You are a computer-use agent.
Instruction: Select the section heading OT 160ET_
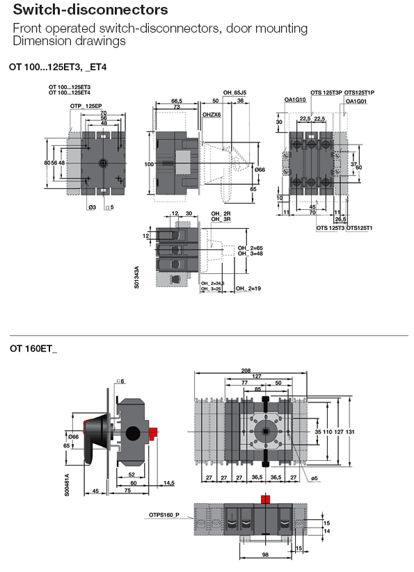point(33,348)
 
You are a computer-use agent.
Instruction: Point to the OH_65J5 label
point(235,92)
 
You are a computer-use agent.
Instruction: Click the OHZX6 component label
point(212,115)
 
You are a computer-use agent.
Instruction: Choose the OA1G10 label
point(296,100)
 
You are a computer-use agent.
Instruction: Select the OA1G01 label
point(357,101)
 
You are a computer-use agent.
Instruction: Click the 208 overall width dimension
point(265,370)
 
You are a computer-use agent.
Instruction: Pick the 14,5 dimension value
point(169,483)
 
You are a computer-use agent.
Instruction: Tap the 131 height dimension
point(351,432)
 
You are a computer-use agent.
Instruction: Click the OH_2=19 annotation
point(248,288)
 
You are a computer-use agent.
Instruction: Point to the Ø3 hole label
point(92,207)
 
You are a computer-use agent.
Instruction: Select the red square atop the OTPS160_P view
point(264,498)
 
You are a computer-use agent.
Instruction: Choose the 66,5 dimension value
point(176,101)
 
